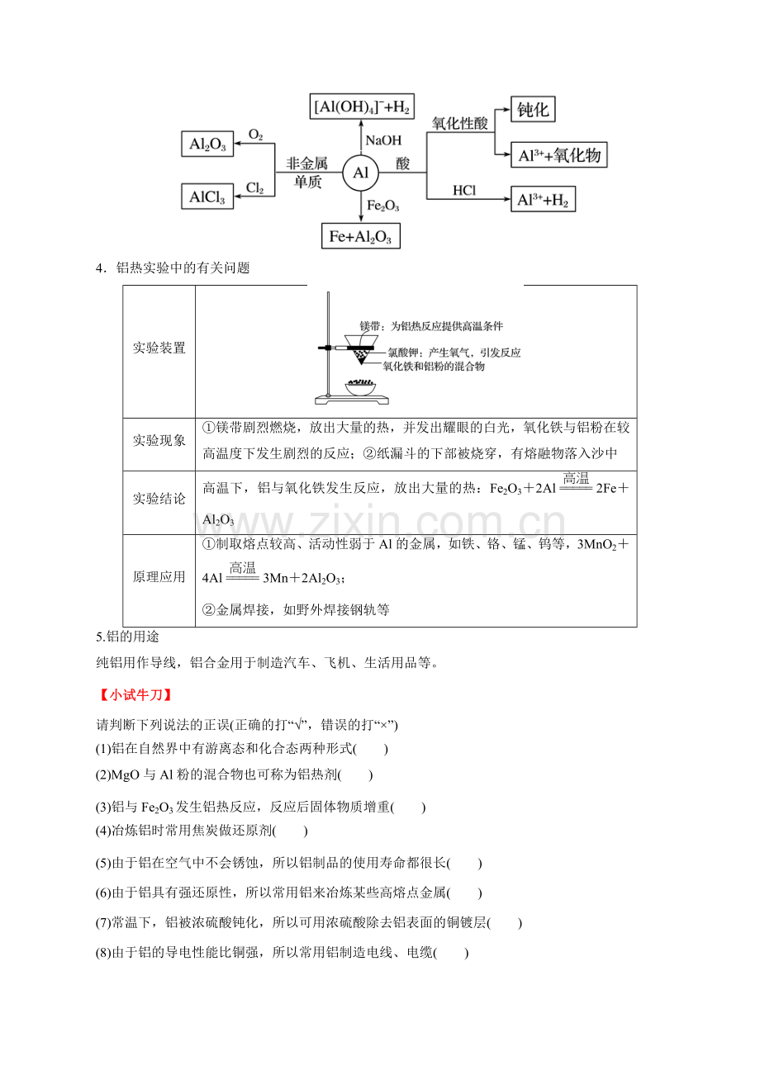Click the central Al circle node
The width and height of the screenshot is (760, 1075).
tap(360, 173)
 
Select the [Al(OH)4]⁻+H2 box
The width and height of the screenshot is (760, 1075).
tap(362, 106)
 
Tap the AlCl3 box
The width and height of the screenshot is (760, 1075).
tap(207, 197)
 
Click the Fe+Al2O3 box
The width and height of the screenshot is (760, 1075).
tap(360, 235)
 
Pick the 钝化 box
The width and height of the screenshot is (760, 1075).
tap(533, 110)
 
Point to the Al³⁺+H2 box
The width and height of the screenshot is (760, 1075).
tap(543, 199)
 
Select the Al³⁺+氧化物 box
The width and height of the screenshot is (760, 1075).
tap(558, 154)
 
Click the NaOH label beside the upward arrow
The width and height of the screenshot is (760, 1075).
tap(383, 140)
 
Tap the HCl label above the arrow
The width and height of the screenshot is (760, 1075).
tap(464, 191)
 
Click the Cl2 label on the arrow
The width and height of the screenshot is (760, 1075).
tap(255, 187)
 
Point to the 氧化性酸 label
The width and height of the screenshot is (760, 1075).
tap(460, 123)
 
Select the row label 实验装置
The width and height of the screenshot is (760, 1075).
tap(159, 348)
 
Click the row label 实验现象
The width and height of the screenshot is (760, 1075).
tap(159, 441)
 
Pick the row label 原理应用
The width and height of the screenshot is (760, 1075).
tap(159, 577)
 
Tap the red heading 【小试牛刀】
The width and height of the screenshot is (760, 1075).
tap(135, 695)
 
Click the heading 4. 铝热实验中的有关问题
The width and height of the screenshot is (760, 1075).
tap(173, 268)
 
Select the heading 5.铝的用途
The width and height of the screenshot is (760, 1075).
tap(127, 637)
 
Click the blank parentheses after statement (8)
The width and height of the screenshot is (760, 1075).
tap(451, 952)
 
